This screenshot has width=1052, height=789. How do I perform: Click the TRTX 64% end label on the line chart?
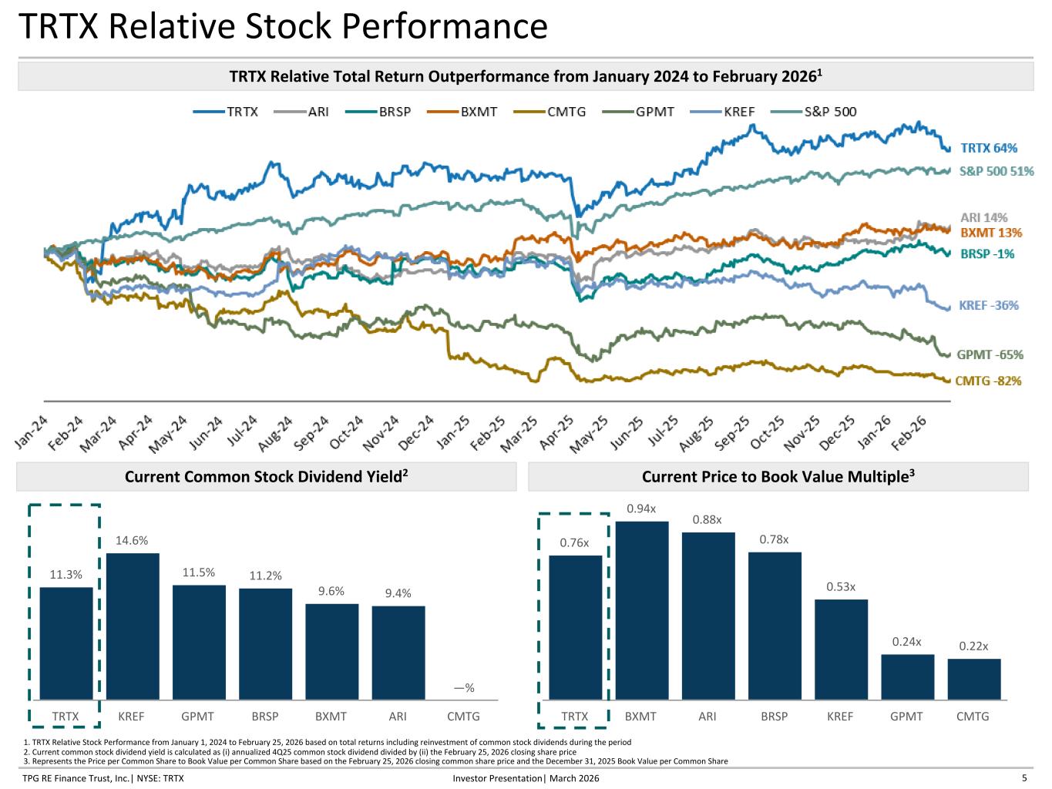pyautogui.click(x=989, y=148)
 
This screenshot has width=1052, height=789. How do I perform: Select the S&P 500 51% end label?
pyautogui.click(x=996, y=171)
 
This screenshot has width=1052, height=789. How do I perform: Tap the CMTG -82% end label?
pyautogui.click(x=988, y=381)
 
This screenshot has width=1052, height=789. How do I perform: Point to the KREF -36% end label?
pyautogui.click(x=988, y=305)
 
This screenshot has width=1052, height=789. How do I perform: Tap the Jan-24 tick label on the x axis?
pyautogui.click(x=32, y=432)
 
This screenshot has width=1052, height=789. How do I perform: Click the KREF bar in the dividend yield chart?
pyautogui.click(x=133, y=626)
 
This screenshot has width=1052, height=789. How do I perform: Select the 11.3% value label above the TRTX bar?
pyautogui.click(x=66, y=574)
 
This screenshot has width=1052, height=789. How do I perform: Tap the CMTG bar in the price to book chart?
pyautogui.click(x=973, y=679)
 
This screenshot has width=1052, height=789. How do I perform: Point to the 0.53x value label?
pyautogui.click(x=841, y=586)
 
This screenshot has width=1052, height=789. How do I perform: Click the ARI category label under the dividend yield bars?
pyautogui.click(x=398, y=717)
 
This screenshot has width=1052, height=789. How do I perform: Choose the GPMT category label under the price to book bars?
pyautogui.click(x=906, y=717)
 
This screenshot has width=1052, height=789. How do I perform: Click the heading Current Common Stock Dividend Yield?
pyautogui.click(x=266, y=477)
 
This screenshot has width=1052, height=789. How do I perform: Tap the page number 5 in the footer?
pyautogui.click(x=1024, y=778)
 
